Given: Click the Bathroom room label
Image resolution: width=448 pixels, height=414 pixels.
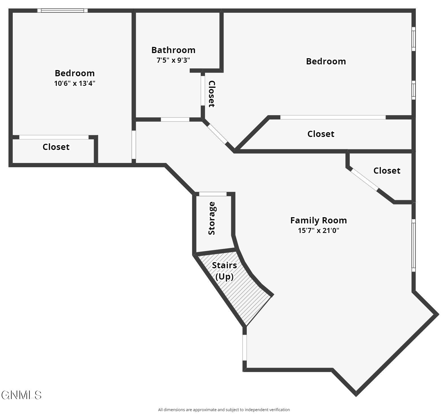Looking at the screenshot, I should pyautogui.click(x=173, y=50).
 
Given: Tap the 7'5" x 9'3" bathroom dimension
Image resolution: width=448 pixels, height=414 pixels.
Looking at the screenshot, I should pyautogui.click(x=173, y=60).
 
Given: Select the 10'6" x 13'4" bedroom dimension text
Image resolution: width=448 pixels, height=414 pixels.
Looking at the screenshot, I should pyautogui.click(x=75, y=83).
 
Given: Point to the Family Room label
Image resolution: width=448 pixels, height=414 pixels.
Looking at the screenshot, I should pyautogui.click(x=318, y=220).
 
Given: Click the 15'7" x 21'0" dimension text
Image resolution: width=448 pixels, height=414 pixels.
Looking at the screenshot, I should pyautogui.click(x=318, y=230).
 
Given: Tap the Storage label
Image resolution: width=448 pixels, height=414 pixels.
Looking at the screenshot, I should pyautogui.click(x=212, y=218).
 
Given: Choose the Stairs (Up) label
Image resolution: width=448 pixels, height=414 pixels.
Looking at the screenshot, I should pyautogui.click(x=224, y=271).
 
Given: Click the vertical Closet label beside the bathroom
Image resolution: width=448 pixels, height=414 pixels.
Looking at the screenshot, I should pyautogui.click(x=211, y=94).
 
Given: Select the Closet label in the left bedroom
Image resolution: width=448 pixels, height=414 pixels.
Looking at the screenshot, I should pyautogui.click(x=56, y=147).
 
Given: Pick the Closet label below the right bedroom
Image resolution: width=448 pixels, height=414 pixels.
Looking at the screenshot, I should pyautogui.click(x=321, y=134).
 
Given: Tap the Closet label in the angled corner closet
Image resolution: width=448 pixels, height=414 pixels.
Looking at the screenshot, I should pyautogui.click(x=387, y=171).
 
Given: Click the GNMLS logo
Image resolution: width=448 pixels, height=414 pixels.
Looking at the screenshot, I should pyautogui.click(x=21, y=395).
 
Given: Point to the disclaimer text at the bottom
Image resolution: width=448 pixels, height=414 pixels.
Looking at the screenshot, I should pyautogui.click(x=224, y=410).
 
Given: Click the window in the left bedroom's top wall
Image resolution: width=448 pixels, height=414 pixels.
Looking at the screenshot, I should pyautogui.click(x=62, y=11).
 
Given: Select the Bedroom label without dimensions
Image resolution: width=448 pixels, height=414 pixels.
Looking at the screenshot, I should pyautogui.click(x=326, y=61).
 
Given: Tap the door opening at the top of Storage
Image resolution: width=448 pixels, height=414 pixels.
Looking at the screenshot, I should pyautogui.click(x=213, y=194).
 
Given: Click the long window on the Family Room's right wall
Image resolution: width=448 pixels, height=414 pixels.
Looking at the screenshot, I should pyautogui.click(x=414, y=245).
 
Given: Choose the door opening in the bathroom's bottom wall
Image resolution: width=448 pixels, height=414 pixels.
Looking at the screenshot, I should pyautogui.click(x=175, y=119).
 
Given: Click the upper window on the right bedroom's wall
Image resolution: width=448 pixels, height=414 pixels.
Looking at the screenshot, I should pyautogui.click(x=414, y=39).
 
